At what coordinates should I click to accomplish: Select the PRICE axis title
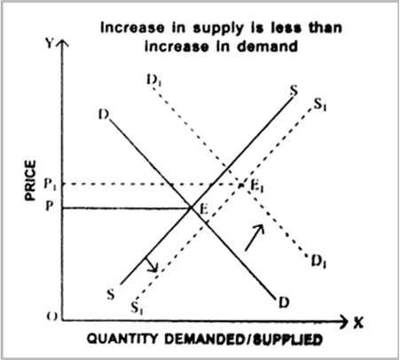click(x=30, y=180)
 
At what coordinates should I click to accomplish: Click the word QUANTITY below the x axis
click(x=122, y=339)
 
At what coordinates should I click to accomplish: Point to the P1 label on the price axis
click(x=50, y=184)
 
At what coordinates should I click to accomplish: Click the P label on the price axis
click(x=49, y=206)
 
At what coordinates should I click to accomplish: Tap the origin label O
click(x=51, y=317)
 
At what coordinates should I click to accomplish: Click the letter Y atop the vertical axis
click(x=50, y=43)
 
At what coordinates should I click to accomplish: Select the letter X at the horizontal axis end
click(x=358, y=323)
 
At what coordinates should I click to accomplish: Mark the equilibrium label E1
click(x=257, y=186)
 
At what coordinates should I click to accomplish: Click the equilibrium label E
click(x=204, y=209)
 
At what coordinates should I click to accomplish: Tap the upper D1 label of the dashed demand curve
click(x=154, y=80)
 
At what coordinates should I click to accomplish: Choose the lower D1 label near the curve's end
click(x=318, y=261)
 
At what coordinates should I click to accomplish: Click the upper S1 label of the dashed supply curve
click(x=320, y=104)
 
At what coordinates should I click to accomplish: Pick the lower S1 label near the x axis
click(x=137, y=308)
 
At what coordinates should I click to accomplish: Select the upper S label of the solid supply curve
click(x=294, y=90)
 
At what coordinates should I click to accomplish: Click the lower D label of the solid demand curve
click(x=284, y=302)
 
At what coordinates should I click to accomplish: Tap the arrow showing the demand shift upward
click(x=255, y=238)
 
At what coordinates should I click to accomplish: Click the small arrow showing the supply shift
click(x=151, y=264)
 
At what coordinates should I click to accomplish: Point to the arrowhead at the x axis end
click(x=345, y=321)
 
